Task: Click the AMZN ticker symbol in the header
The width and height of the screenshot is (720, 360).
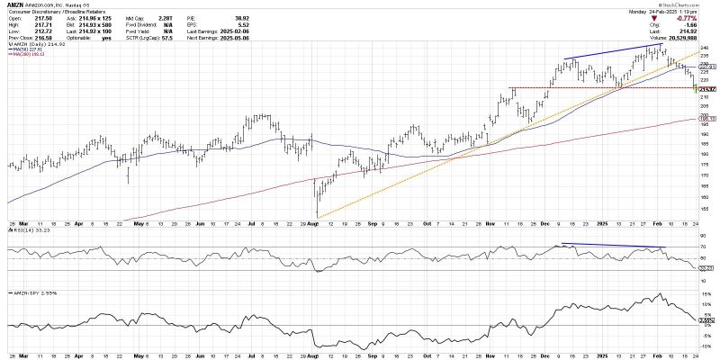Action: coord(15,4)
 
